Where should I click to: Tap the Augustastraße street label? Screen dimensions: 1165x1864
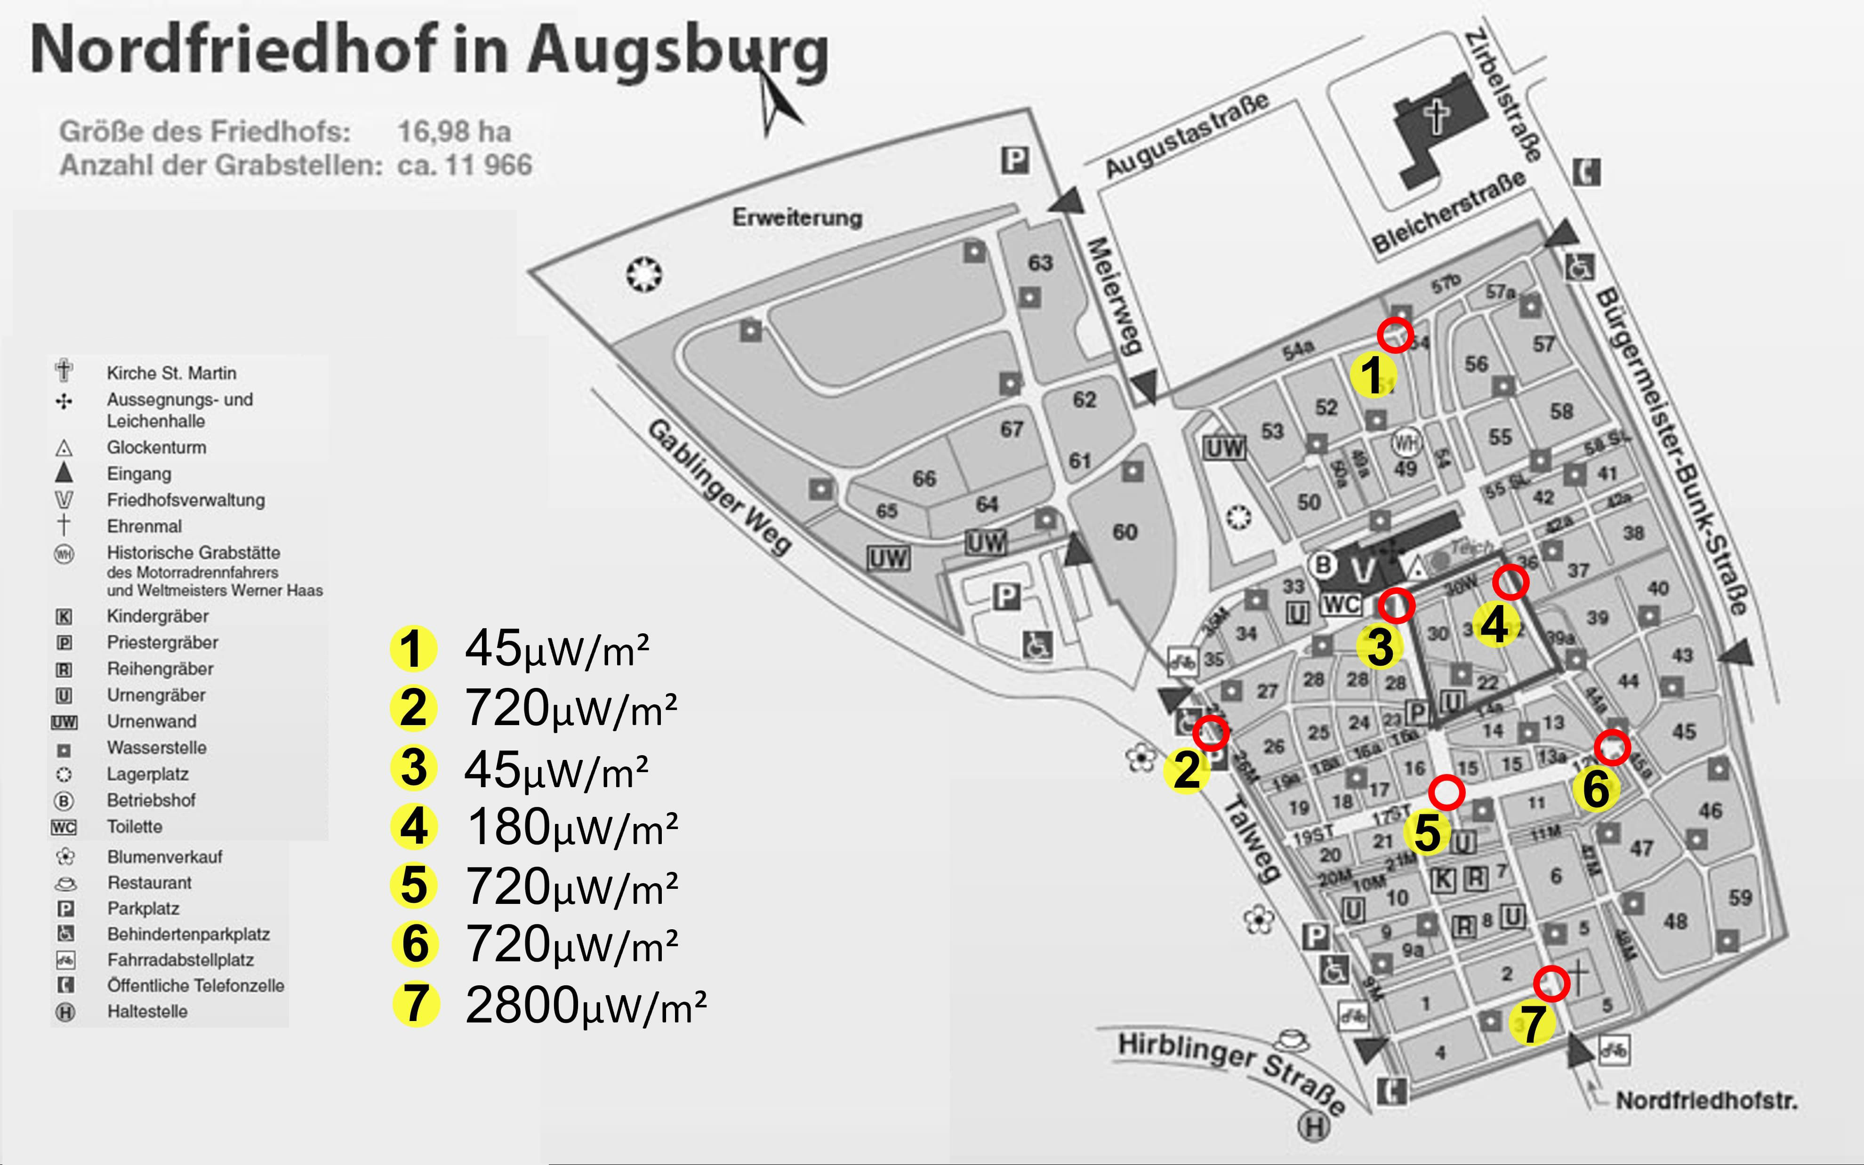[1187, 135]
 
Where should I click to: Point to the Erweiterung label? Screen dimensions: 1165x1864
[797, 217]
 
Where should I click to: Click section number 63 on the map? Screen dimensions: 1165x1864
[1039, 263]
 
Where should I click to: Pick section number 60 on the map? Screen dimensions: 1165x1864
[1124, 532]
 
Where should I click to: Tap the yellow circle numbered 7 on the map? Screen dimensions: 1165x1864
[1531, 1022]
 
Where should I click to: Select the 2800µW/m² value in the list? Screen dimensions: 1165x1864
[586, 1005]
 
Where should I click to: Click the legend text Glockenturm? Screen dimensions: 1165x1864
[156, 447]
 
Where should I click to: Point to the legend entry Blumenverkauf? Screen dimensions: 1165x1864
[164, 857]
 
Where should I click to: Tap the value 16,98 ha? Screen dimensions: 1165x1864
[454, 132]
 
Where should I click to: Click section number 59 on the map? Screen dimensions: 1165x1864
[1740, 898]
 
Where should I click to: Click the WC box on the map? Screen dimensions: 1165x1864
[1342, 604]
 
